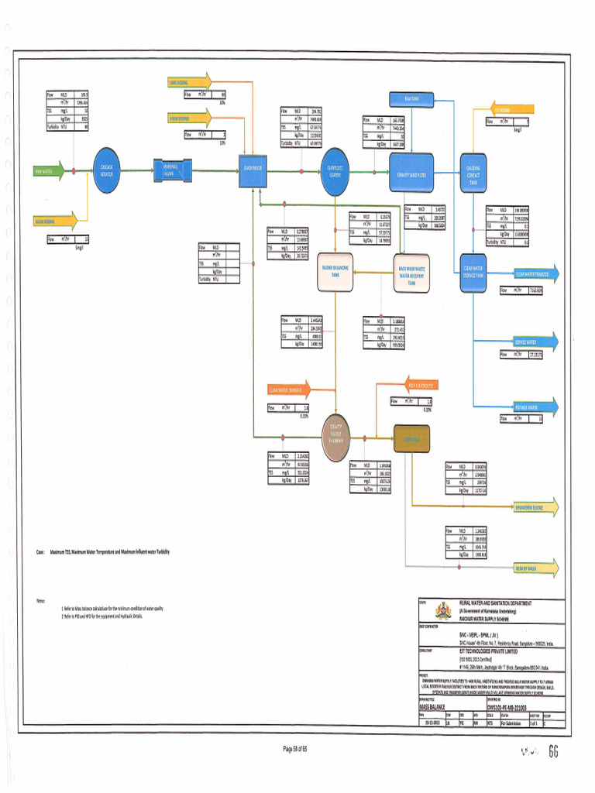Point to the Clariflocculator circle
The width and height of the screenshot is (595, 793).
click(335, 171)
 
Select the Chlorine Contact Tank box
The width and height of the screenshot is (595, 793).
click(472, 171)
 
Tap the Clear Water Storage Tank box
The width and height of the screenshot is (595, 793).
click(473, 271)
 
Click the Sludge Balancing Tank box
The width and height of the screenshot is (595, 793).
click(335, 272)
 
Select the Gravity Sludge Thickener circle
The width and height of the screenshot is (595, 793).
click(336, 438)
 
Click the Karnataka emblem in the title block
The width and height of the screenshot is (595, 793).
click(444, 609)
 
